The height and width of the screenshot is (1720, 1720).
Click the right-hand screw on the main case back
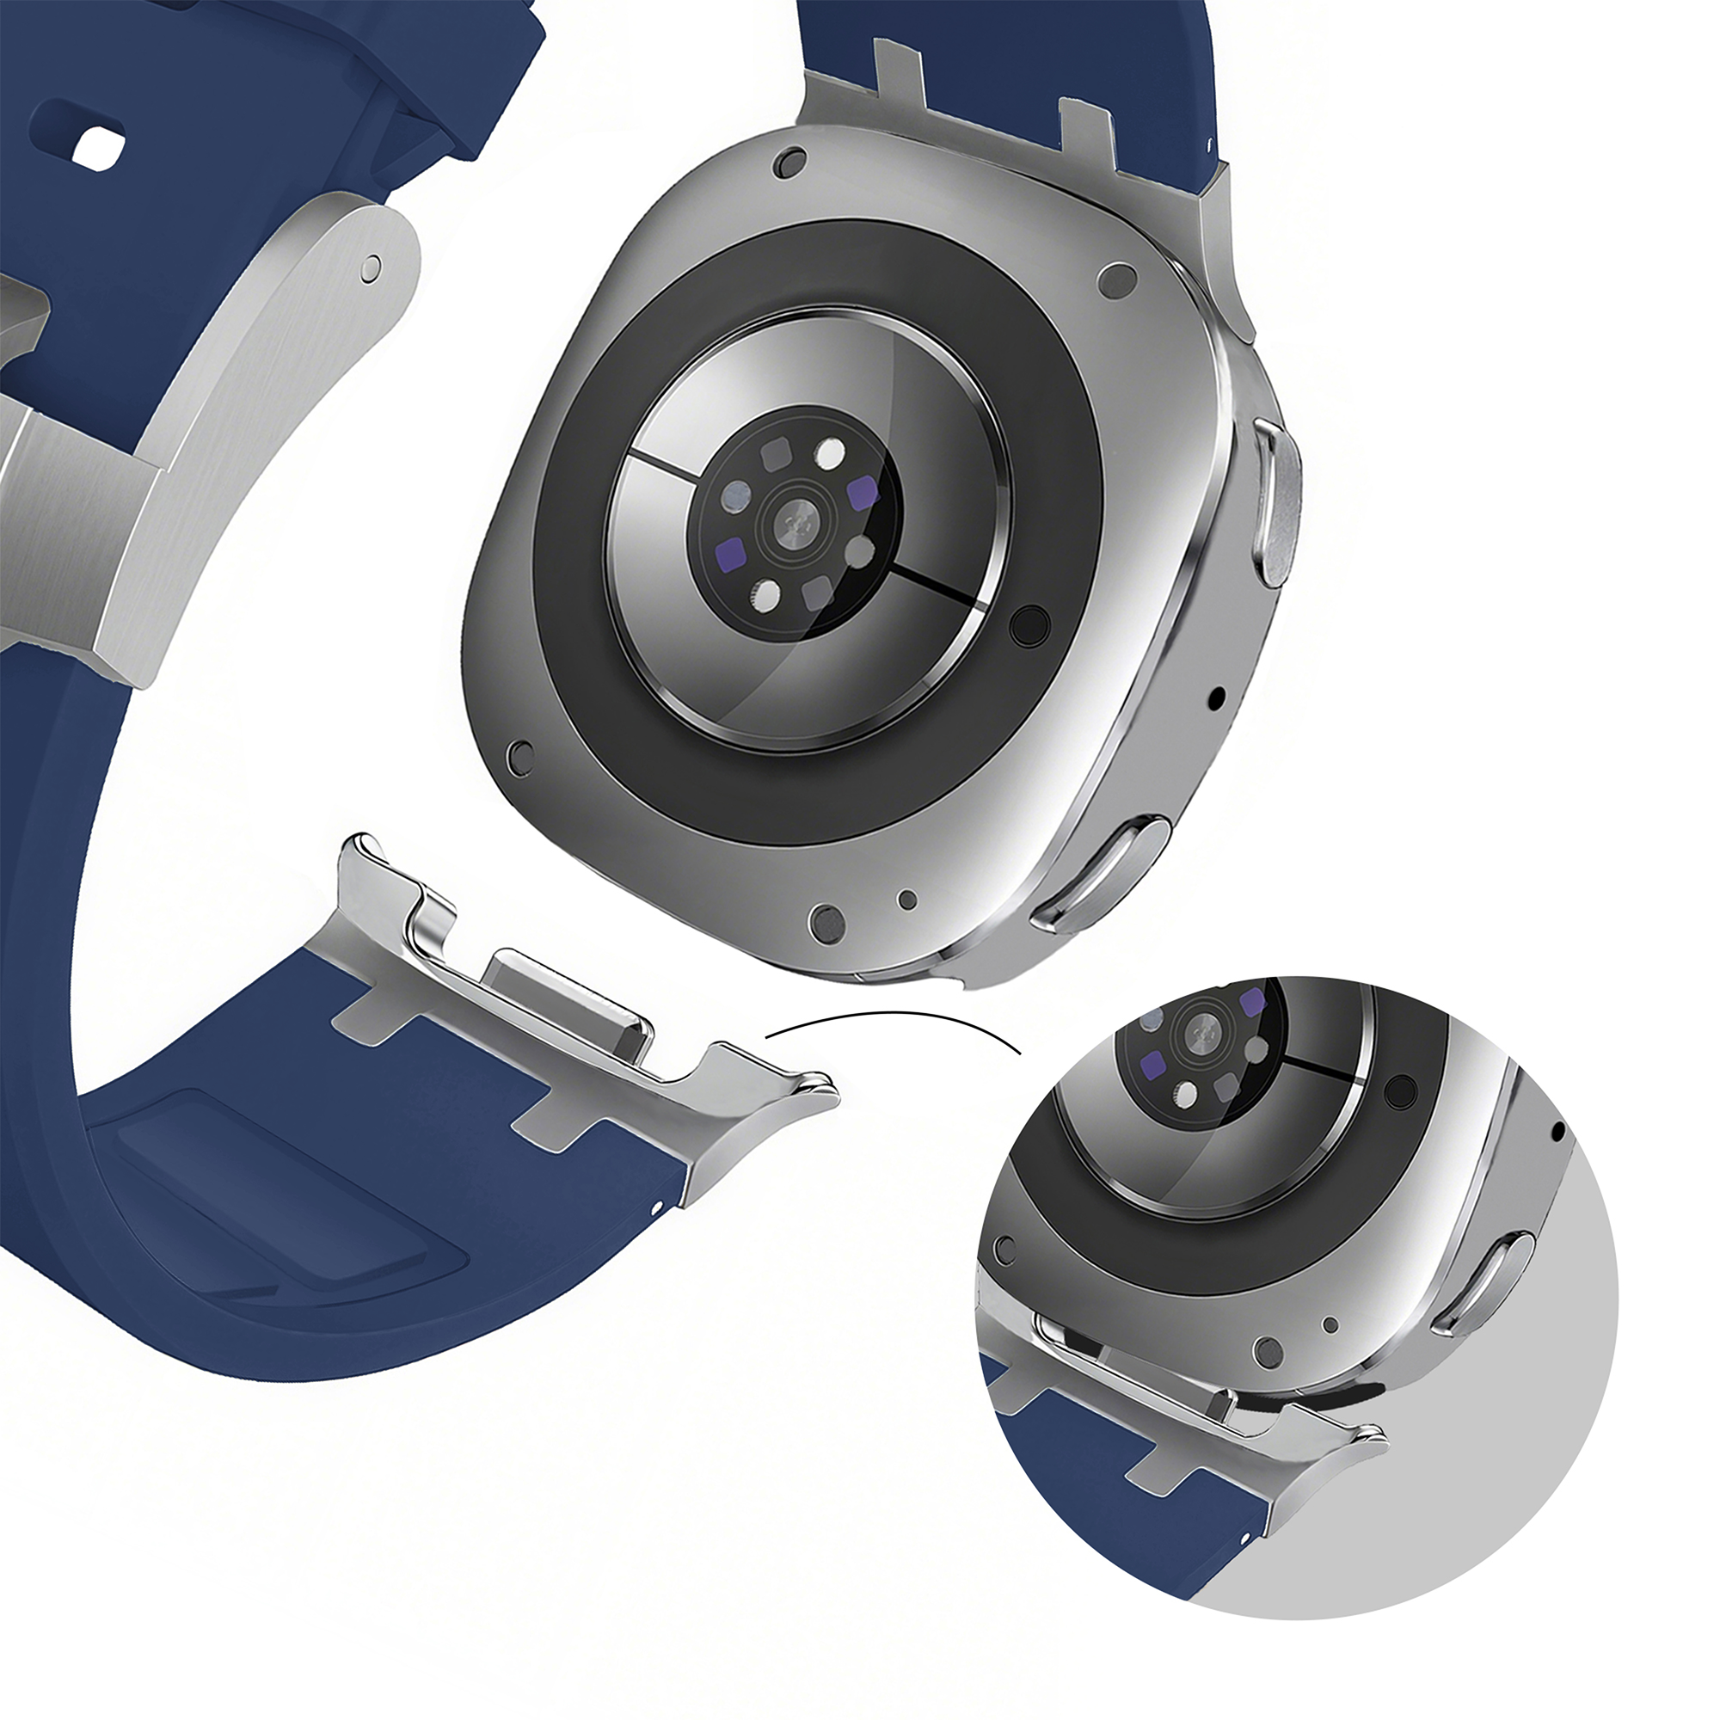coord(1115,279)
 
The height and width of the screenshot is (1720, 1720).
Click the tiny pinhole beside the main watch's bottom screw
coord(908,900)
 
